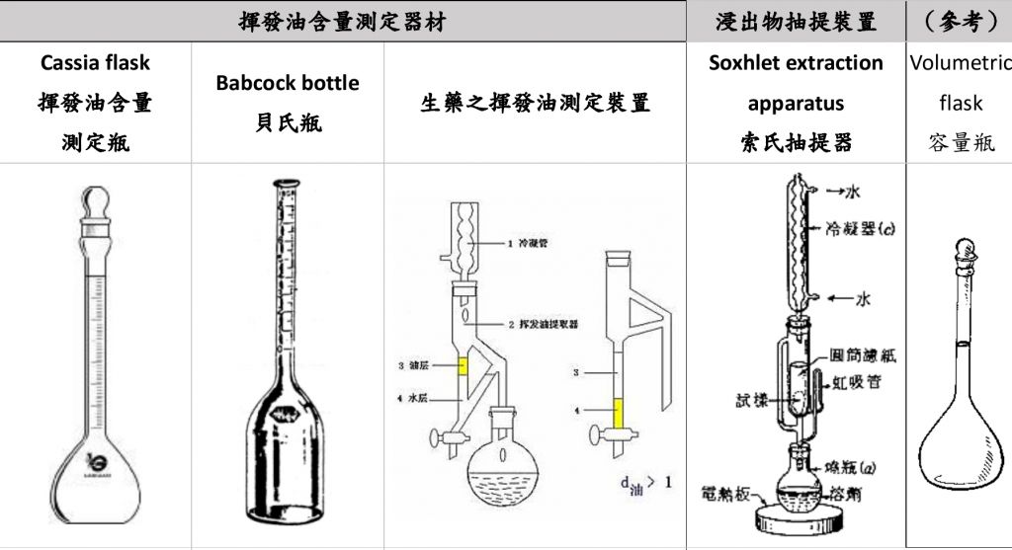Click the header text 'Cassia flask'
pos(95,62)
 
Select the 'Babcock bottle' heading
pos(287,83)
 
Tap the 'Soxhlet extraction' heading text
pos(796,62)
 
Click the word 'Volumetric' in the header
pos(961,62)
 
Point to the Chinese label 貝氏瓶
pos(287,123)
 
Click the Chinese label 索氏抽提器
pos(796,143)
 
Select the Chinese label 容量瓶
pos(961,143)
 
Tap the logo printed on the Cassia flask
pos(96,459)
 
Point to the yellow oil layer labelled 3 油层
pos(462,366)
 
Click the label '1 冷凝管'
pos(529,242)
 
